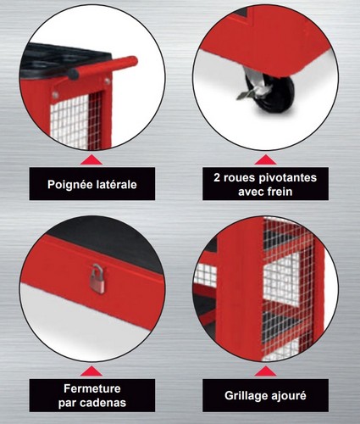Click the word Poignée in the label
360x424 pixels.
[x=67, y=185]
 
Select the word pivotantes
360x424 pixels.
[x=287, y=178]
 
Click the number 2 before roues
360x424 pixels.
[x=217, y=178]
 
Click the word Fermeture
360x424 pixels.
[x=92, y=388]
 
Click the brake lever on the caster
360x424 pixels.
[x=248, y=93]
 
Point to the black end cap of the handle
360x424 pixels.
[x=74, y=74]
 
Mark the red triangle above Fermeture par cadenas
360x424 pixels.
[x=91, y=371]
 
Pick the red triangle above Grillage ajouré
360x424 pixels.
[x=265, y=371]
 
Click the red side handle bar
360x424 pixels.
[x=103, y=67]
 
